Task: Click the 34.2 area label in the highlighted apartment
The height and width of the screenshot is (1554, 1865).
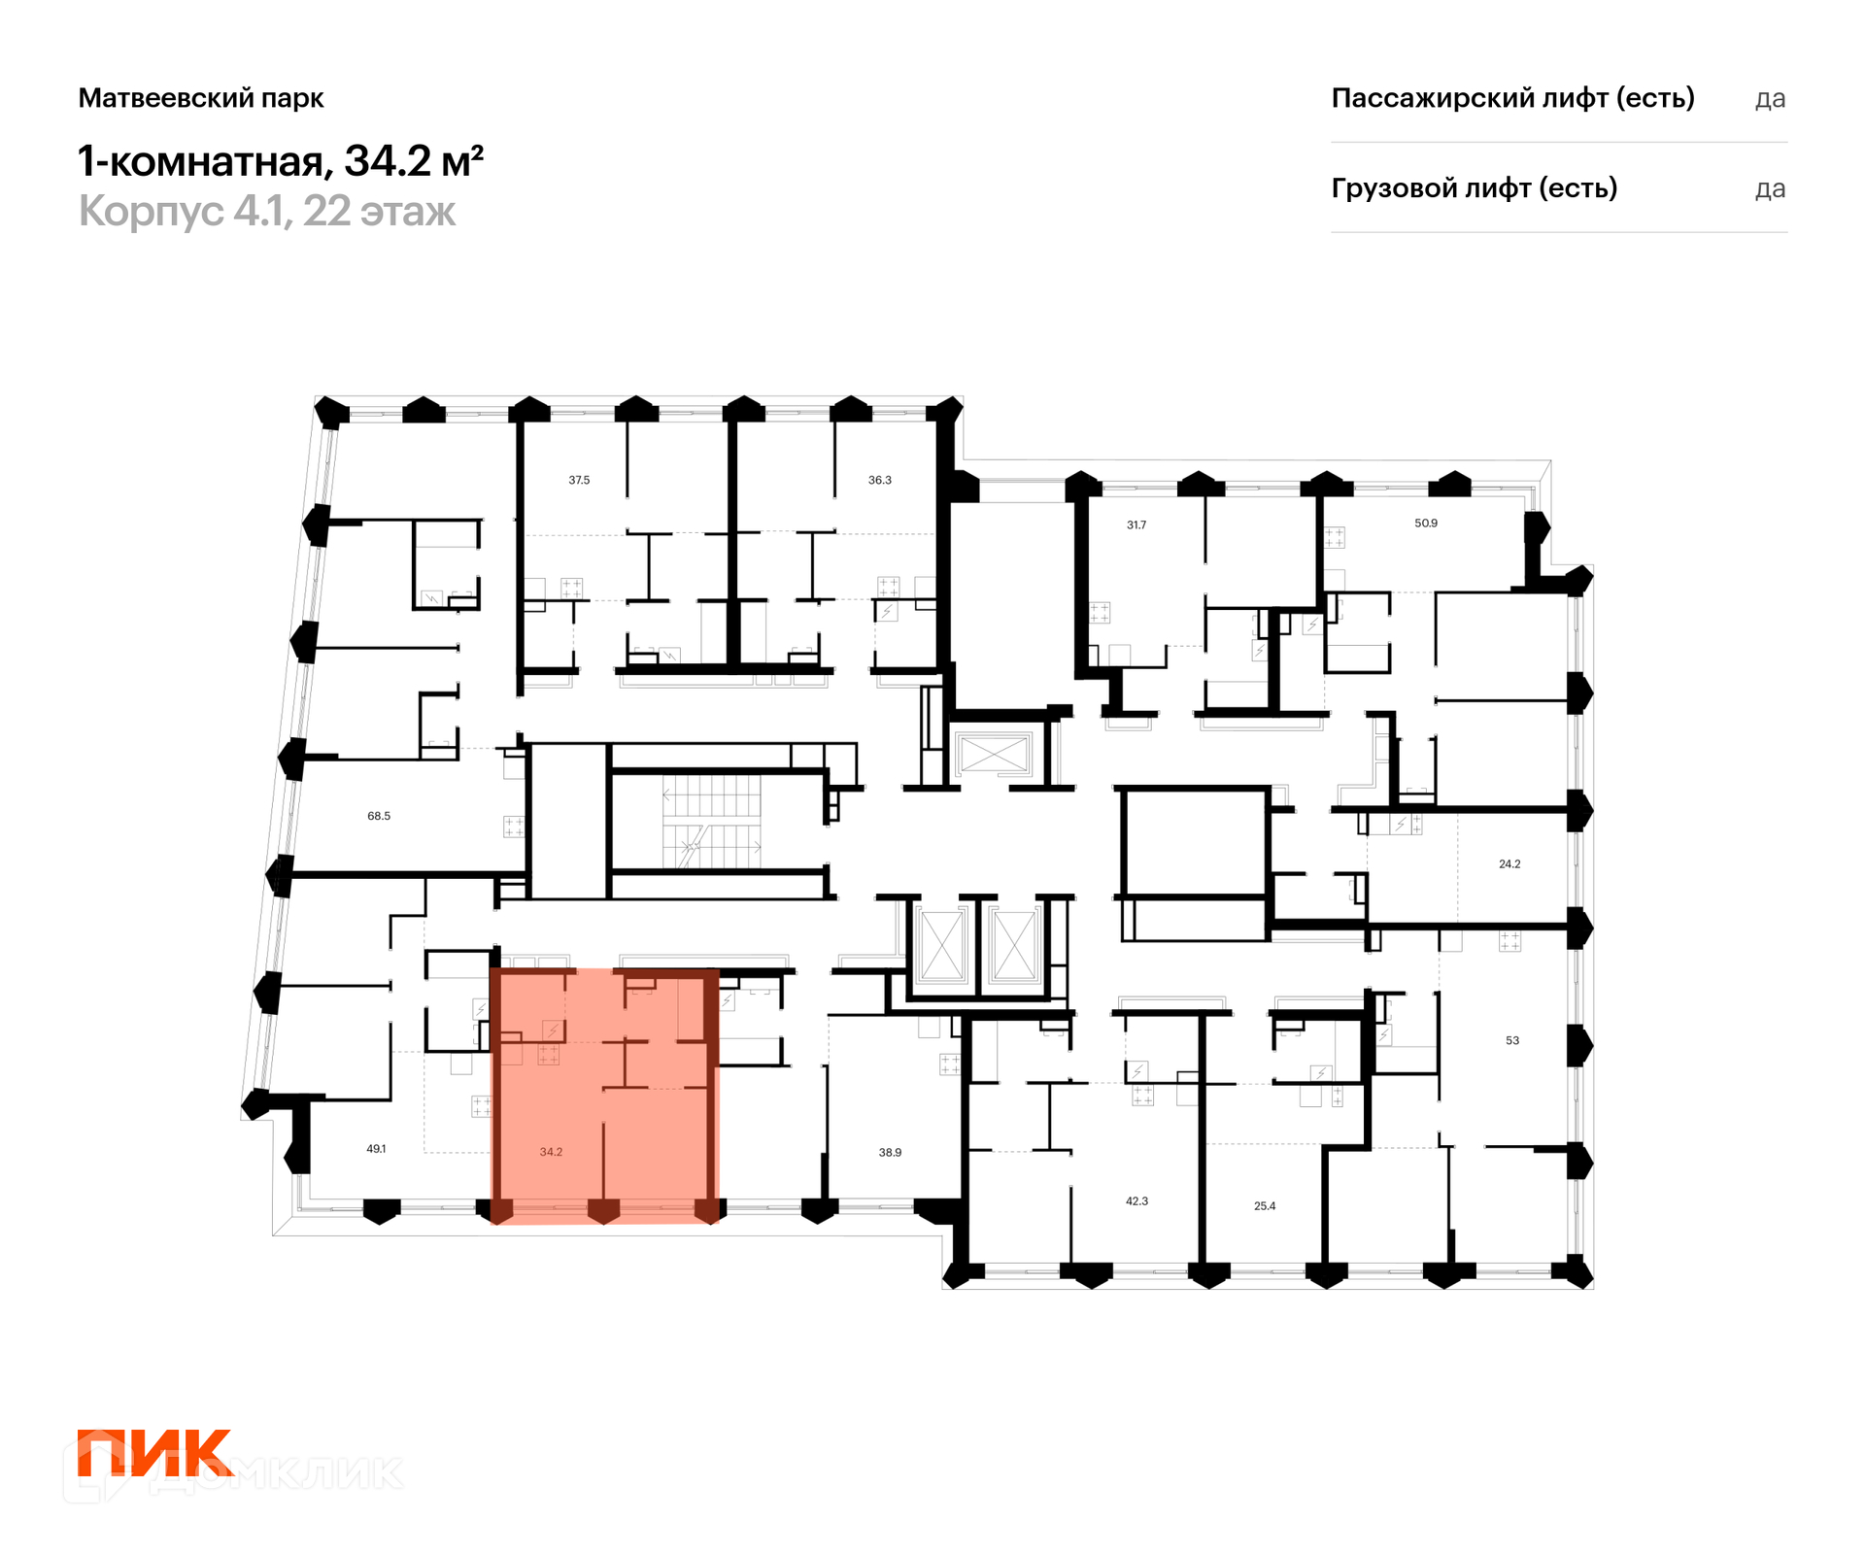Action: (551, 1152)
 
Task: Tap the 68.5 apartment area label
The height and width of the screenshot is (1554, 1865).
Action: (379, 816)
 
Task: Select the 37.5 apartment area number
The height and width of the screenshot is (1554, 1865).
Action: (579, 480)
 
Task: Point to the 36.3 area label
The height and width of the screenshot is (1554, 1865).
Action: (879, 480)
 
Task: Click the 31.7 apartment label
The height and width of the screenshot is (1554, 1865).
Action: (1136, 524)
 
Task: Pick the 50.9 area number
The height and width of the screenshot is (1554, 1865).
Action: (1426, 523)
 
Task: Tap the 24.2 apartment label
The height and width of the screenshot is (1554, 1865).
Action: (1509, 863)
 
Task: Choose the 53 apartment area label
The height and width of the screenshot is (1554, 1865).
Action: (1512, 1040)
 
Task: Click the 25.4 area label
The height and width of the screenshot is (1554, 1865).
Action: (1265, 1206)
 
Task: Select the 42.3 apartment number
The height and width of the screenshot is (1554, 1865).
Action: (1136, 1201)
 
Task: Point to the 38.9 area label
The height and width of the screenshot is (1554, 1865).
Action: (890, 1153)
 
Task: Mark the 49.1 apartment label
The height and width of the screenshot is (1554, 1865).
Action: (376, 1149)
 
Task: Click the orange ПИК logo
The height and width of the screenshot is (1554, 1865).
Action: (155, 1453)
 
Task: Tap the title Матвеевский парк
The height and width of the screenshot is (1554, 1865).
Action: (201, 98)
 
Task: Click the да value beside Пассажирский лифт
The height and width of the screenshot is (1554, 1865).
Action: (1770, 99)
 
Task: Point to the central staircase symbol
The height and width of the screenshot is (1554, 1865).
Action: (712, 822)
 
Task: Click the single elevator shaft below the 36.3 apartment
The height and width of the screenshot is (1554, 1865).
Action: (993, 754)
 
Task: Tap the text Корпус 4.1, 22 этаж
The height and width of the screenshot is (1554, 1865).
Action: (267, 211)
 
